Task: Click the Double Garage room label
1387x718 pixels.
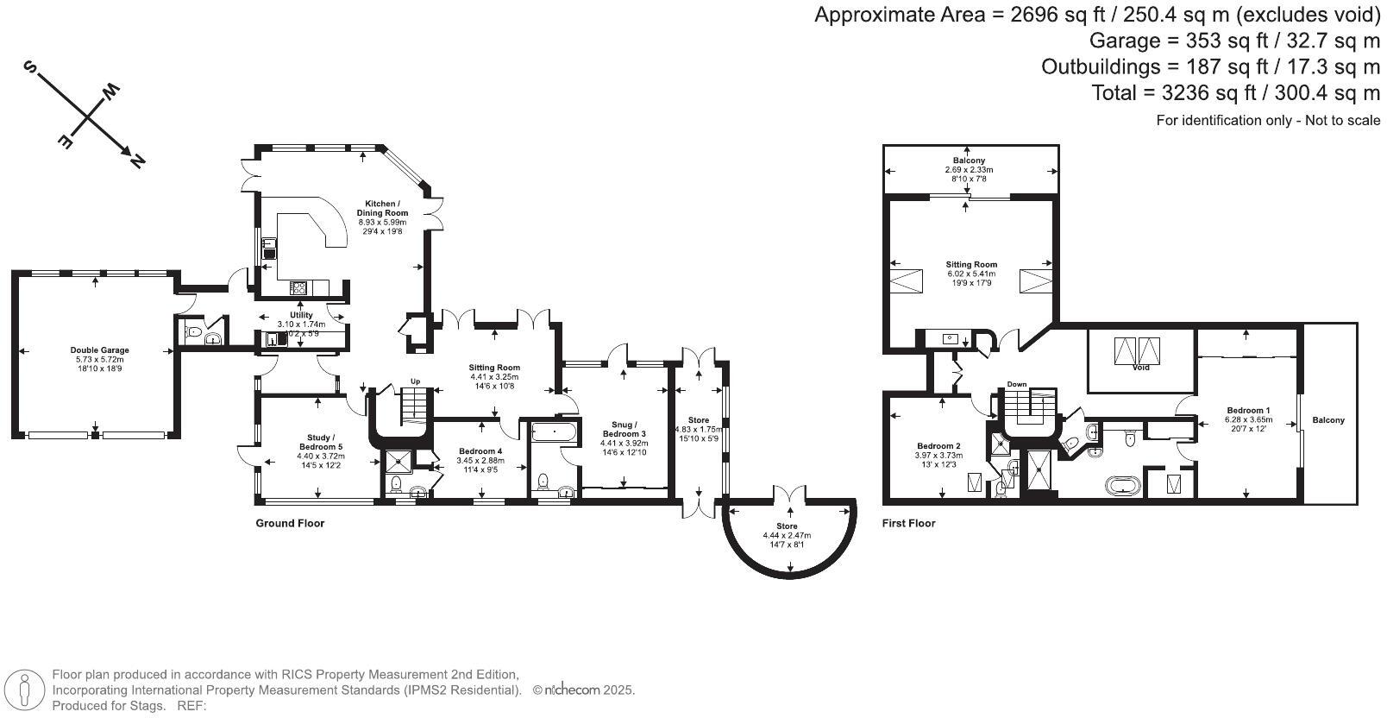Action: point(99,350)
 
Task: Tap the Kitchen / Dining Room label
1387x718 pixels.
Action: point(382,208)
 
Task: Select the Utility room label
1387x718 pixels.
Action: point(302,315)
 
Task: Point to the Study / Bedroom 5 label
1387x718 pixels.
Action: point(321,443)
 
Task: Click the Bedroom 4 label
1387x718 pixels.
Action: point(480,451)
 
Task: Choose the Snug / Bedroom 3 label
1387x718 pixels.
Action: point(624,429)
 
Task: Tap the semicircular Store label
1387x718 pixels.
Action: point(787,526)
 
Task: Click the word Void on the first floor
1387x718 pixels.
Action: point(1140,368)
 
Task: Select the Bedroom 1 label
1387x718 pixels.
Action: point(1248,410)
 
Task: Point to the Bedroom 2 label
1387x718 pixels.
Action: point(938,446)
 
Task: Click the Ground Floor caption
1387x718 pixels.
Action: point(290,524)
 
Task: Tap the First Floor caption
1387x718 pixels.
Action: point(908,524)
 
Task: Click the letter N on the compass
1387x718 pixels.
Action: point(137,161)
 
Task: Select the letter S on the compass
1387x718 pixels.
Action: point(29,66)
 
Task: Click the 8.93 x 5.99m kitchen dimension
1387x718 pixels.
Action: point(382,223)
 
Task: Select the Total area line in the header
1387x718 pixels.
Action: point(1235,93)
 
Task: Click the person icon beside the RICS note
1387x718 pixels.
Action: point(24,690)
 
